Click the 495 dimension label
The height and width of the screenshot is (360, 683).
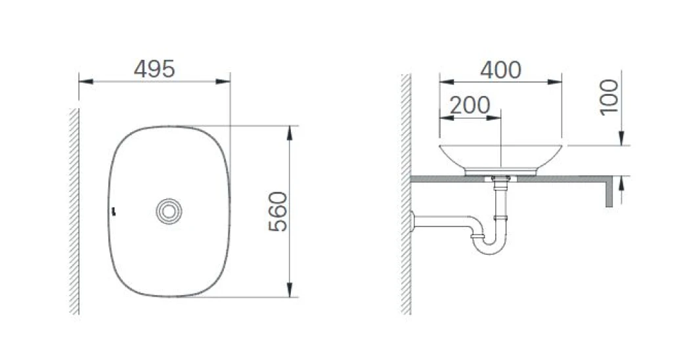[x=154, y=68]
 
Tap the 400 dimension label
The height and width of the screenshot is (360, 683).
[x=500, y=69]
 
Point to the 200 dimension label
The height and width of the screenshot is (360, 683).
[x=470, y=104]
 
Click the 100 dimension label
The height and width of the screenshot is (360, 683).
[x=609, y=97]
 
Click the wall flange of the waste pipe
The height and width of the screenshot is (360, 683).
[x=412, y=221]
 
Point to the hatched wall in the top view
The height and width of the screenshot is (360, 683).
[x=74, y=210]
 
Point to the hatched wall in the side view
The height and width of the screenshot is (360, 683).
[x=407, y=197]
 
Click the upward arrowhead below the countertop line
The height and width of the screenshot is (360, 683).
[x=621, y=185]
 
